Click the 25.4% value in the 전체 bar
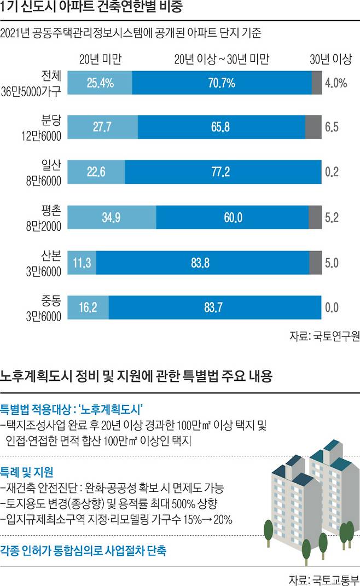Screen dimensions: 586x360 click(x=100, y=83)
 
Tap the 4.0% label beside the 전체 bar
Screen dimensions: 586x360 click(x=336, y=83)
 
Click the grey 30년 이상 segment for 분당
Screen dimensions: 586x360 click(x=313, y=127)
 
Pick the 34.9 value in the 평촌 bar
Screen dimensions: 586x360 click(x=111, y=217)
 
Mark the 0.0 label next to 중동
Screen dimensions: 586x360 click(x=332, y=307)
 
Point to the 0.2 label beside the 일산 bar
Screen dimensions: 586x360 click(x=332, y=172)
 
